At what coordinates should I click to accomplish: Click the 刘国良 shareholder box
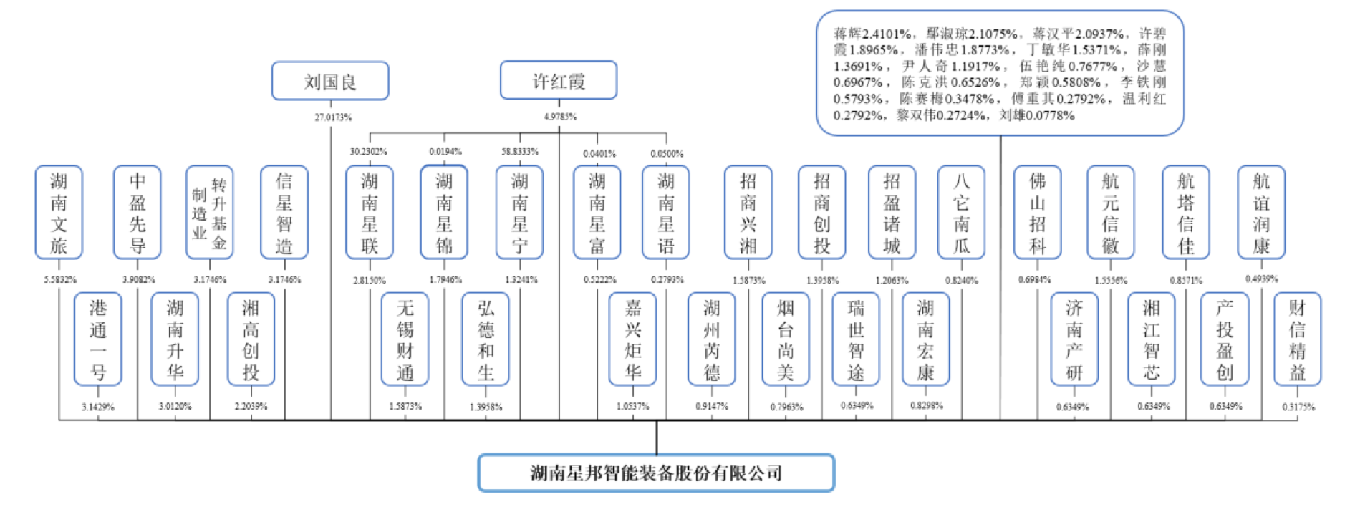pyautogui.click(x=330, y=81)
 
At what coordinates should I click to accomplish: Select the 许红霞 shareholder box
pyautogui.click(x=559, y=80)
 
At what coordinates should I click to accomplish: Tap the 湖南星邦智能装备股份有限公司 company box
pyautogui.click(x=656, y=473)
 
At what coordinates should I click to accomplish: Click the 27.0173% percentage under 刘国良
pyautogui.click(x=333, y=117)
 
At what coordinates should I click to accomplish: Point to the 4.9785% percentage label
pyautogui.click(x=560, y=116)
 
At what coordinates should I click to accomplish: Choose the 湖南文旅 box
pyautogui.click(x=59, y=213)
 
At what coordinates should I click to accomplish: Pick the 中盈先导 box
pyautogui.click(x=137, y=213)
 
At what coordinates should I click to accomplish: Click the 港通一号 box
pyautogui.click(x=98, y=339)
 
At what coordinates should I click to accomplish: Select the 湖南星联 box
pyautogui.click(x=370, y=213)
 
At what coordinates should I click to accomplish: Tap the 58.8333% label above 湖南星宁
pyautogui.click(x=520, y=152)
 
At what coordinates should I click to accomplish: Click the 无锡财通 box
pyautogui.click(x=405, y=339)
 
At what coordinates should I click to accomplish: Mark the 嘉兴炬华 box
pyautogui.click(x=632, y=339)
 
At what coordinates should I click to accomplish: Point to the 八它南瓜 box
pyautogui.click(x=961, y=213)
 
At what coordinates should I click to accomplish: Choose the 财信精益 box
pyautogui.click(x=1297, y=339)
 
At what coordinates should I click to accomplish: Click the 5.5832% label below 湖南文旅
pyautogui.click(x=60, y=279)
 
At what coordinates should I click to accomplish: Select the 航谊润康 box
pyautogui.click(x=1261, y=213)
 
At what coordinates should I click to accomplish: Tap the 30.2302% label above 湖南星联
pyautogui.click(x=368, y=152)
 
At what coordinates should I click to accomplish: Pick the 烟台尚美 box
pyautogui.click(x=786, y=339)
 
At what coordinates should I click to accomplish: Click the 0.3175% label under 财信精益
pyautogui.click(x=1298, y=407)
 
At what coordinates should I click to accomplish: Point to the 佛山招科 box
pyautogui.click(x=1037, y=213)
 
